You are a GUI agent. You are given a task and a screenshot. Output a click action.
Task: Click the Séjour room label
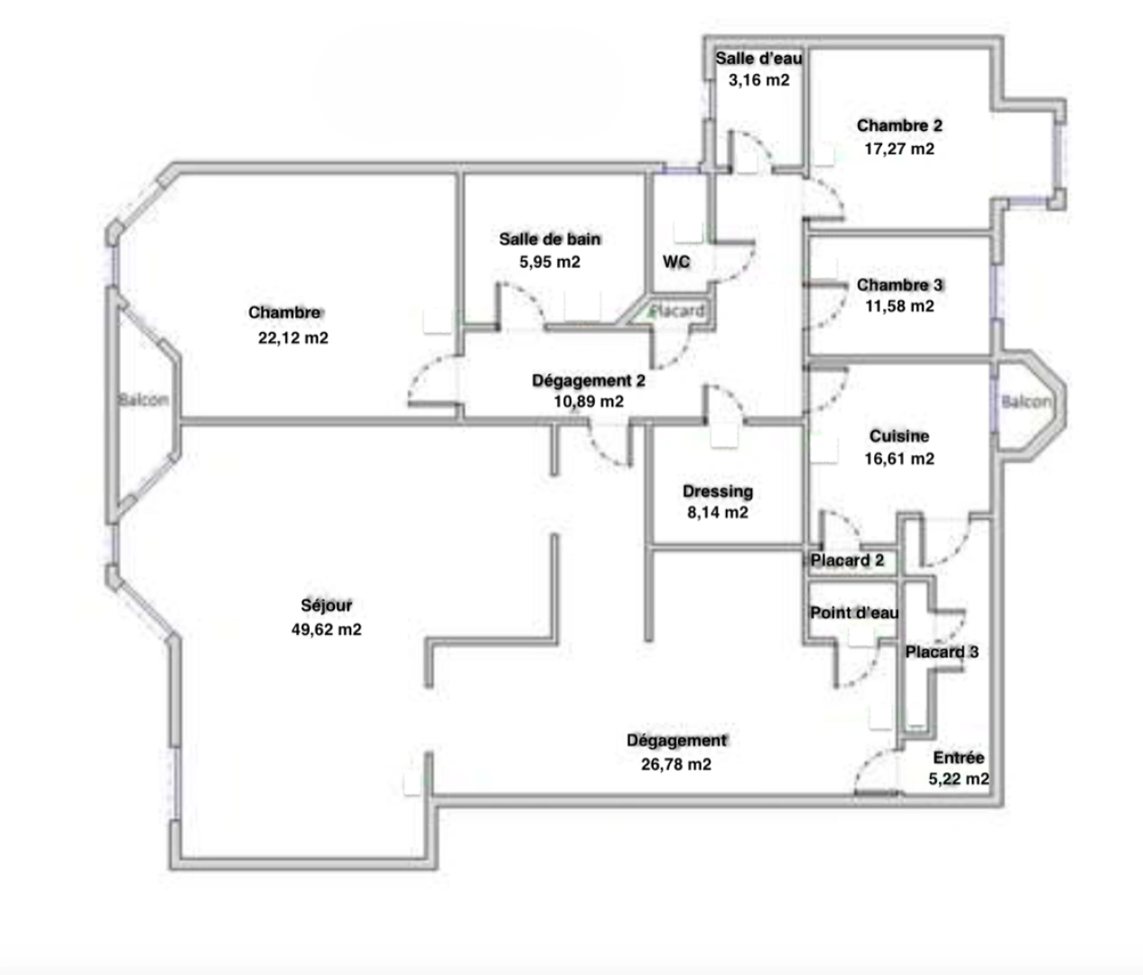coord(326,606)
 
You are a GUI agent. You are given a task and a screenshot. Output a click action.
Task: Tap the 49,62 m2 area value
coord(326,630)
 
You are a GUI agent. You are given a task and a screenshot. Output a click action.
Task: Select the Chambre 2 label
coord(899,126)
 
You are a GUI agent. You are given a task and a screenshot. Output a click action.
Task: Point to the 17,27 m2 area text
coord(899,149)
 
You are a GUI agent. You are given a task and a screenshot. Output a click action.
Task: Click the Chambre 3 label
coord(899,285)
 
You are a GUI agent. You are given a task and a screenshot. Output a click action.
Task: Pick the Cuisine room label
coord(899,436)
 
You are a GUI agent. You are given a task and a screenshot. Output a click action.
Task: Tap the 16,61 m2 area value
coord(899,459)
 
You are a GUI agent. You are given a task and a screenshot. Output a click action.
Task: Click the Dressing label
coord(718,492)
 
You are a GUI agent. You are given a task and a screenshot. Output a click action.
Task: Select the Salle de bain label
coord(550,239)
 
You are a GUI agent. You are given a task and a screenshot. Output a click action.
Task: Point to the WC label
coord(676,262)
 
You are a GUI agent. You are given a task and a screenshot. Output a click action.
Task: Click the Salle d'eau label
coord(758,58)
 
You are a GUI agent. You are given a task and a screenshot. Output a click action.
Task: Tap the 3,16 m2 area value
coord(758,80)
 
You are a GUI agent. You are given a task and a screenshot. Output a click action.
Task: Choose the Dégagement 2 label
coord(589,381)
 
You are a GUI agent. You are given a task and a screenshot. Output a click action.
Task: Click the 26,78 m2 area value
coord(675,765)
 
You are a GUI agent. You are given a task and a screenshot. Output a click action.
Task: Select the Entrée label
coord(958,757)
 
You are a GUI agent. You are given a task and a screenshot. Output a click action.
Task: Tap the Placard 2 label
coord(847,561)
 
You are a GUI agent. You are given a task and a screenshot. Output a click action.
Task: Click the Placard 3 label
coord(942,653)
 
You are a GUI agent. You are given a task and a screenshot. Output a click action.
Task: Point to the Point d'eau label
coord(854,613)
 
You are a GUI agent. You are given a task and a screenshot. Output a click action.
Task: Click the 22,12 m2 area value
coord(293,339)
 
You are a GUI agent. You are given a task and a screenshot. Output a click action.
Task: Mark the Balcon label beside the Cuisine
coord(1027,402)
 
